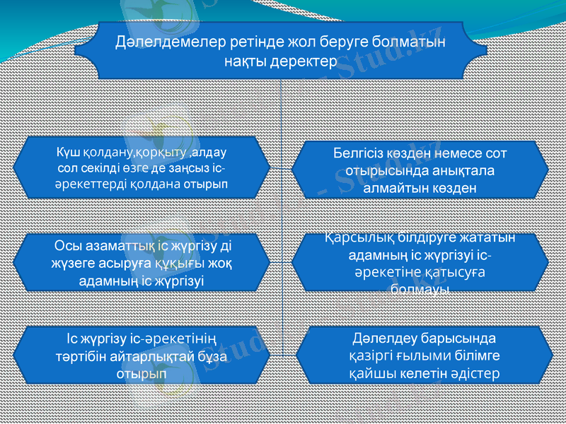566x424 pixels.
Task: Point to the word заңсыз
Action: [x=187, y=168]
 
